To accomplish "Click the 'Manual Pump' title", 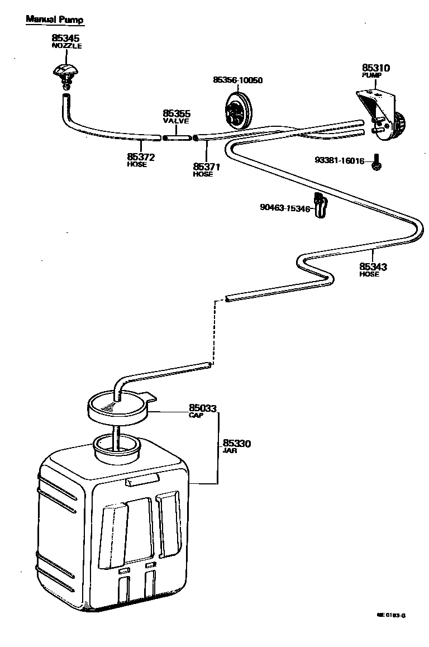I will (x=55, y=20).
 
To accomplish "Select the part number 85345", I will (x=66, y=38).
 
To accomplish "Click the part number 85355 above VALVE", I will (x=177, y=113).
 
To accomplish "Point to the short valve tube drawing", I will (x=177, y=136).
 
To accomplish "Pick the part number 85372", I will (x=141, y=157).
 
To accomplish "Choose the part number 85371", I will (x=207, y=166).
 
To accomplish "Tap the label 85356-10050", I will (x=237, y=80).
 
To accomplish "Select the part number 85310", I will (x=376, y=68).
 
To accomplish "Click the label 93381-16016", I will (x=339, y=161).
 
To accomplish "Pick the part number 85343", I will (x=373, y=267).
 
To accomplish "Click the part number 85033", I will (x=202, y=408).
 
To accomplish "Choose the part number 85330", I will (x=237, y=444).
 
